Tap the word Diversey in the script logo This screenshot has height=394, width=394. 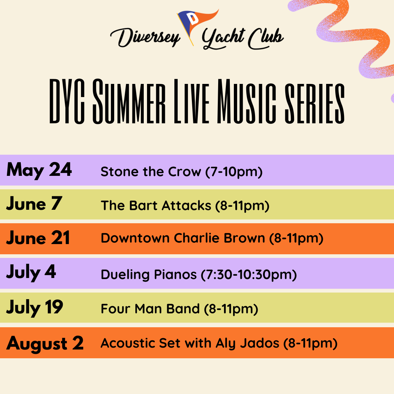tap(145, 37)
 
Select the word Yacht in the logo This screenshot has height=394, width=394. tap(223, 38)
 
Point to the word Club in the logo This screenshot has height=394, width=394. tap(266, 38)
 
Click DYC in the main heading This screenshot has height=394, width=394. tap(67, 101)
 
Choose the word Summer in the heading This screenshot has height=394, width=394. tap(129, 101)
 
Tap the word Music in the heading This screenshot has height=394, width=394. tap(247, 101)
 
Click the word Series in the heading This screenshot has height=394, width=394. tap(314, 103)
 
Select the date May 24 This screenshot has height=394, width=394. tap(39, 170)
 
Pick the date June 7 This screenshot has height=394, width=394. tap(34, 204)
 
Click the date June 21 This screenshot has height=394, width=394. tap(38, 238)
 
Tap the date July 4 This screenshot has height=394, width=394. tap(31, 273)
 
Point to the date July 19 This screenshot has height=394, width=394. tap(35, 307)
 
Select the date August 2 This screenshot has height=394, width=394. tap(45, 344)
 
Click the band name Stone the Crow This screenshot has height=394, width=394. tap(151, 171)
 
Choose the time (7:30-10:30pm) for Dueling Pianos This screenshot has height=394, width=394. tap(249, 275)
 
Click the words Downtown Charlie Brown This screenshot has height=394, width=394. tap(183, 238)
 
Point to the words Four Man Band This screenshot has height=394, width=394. tap(150, 309)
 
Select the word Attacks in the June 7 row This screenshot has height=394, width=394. tap(186, 206)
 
